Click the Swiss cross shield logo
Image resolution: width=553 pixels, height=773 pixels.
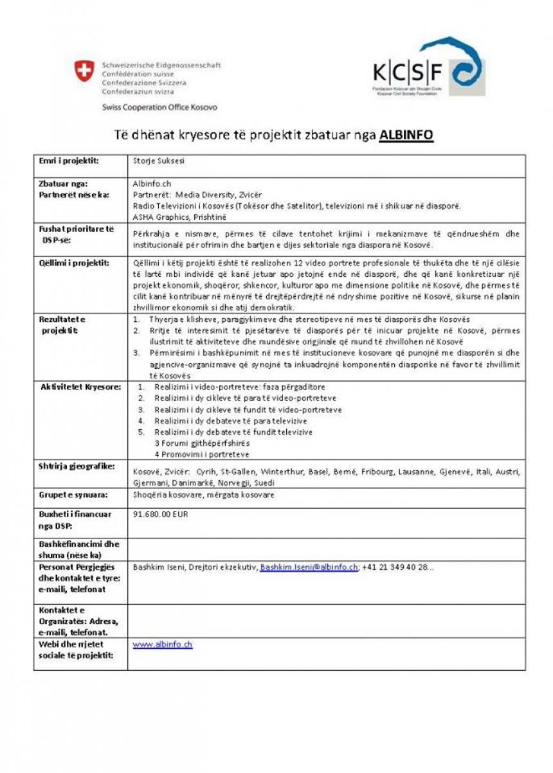pos(84,71)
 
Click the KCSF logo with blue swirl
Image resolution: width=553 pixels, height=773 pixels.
pos(428,68)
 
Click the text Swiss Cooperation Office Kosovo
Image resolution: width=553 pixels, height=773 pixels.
pos(159,107)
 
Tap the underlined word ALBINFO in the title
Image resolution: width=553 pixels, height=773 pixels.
pos(406,136)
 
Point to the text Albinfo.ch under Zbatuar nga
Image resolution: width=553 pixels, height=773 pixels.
pos(152,184)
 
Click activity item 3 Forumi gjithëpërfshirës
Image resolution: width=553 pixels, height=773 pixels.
pos(202,443)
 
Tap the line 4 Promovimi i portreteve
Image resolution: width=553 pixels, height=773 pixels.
pos(201,454)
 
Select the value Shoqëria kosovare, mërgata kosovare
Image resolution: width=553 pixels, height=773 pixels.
pos(203,495)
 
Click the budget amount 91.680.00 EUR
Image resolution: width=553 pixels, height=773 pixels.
pos(159,514)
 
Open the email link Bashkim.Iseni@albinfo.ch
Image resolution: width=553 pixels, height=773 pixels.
pos(309,567)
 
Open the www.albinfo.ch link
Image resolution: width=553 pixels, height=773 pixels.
pos(162,644)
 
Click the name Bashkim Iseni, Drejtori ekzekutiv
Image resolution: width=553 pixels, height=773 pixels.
pos(194,567)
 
